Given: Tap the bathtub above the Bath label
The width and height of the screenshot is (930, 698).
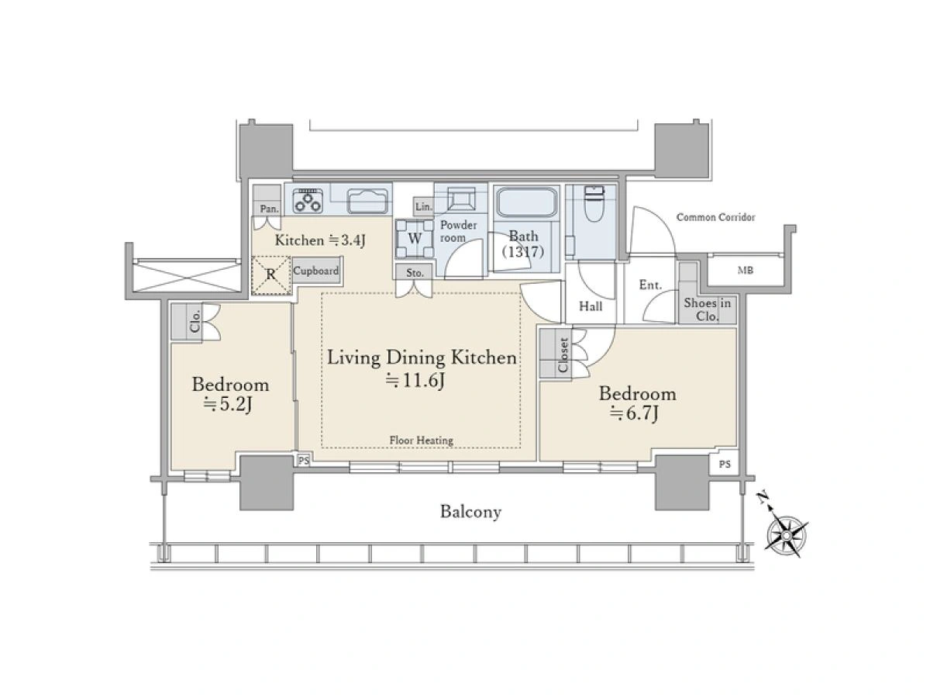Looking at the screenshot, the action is [525, 202].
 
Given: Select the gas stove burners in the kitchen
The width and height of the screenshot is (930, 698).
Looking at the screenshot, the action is [308, 199].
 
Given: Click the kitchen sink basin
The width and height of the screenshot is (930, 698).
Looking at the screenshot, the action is [367, 200].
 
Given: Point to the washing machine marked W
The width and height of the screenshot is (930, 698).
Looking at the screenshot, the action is [415, 239].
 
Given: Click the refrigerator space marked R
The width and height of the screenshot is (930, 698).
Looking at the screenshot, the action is [271, 275].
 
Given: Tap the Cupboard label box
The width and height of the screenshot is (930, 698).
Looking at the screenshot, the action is [316, 271].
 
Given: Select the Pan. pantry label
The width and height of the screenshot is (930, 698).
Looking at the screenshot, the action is [269, 209].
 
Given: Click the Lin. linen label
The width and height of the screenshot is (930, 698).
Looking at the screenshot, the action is [423, 207].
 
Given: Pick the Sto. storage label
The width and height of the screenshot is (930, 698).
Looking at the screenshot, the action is [415, 273].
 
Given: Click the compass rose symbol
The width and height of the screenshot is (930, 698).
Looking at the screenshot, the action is [786, 536].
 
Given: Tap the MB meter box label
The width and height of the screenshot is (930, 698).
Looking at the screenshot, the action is [746, 270].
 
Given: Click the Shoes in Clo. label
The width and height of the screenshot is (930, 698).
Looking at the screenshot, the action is [707, 309].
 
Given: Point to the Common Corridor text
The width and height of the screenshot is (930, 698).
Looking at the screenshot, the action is [715, 217].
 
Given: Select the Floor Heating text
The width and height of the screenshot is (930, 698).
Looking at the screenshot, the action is [421, 441].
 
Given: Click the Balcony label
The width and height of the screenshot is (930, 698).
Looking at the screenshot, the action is [470, 512].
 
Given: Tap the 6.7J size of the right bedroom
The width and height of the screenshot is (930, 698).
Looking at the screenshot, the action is [634, 413].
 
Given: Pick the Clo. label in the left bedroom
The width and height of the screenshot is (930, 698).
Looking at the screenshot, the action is [195, 321].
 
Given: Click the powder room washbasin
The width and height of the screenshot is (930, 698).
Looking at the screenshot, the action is [460, 199].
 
